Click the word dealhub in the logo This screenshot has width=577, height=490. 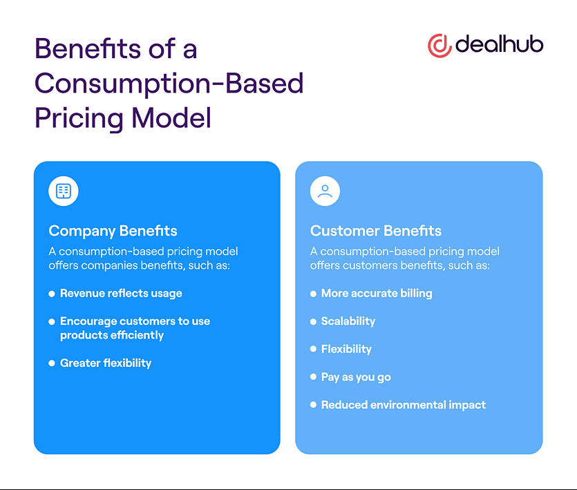tap(499, 44)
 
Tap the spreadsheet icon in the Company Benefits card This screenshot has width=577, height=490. tap(64, 191)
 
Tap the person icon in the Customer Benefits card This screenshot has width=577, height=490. tap(325, 191)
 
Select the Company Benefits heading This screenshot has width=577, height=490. tap(113, 231)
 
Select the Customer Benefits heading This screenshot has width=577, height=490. tap(376, 231)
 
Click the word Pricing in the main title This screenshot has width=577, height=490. tap(79, 119)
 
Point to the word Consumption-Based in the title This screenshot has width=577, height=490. tap(169, 84)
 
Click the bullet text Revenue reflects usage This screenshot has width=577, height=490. tap(121, 294)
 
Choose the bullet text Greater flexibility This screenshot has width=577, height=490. tap(106, 364)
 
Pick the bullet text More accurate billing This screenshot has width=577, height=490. tap(377, 294)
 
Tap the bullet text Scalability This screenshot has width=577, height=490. tap(348, 321)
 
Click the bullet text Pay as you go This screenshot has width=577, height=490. tap(356, 377)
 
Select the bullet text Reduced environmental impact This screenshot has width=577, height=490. tap(404, 405)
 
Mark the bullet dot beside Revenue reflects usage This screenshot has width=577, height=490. tap(52, 294)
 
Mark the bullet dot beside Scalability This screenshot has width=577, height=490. tap(313, 322)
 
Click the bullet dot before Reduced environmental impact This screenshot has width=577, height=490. tap(313, 405)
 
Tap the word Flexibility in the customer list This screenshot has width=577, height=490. tap(346, 349)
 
